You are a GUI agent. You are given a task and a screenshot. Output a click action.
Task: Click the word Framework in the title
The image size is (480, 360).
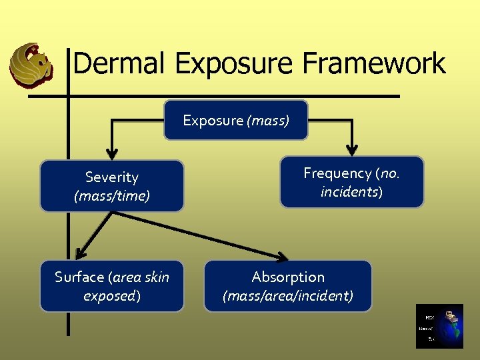point(373,64)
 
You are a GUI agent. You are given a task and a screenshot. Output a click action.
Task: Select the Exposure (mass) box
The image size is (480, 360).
point(236,120)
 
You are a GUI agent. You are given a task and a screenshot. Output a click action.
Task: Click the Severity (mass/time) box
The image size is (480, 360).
point(111,186)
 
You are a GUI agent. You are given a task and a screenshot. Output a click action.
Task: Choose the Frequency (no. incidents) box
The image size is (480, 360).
point(351,182)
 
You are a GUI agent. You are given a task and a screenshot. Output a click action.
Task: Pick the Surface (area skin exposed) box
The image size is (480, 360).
point(111,286)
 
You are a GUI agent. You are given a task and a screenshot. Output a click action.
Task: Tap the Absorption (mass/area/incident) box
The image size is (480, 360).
point(287,286)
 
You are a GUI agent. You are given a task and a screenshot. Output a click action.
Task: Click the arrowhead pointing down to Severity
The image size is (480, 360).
point(111,151)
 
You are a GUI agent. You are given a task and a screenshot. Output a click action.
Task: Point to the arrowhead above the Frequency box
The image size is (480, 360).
point(351,148)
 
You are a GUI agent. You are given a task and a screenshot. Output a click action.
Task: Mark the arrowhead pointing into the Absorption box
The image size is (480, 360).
point(283,256)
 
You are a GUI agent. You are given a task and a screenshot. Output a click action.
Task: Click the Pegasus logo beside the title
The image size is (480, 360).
point(31,65)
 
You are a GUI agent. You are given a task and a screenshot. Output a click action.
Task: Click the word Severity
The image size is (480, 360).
point(111,177)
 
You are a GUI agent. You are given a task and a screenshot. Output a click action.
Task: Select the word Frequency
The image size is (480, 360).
point(337,173)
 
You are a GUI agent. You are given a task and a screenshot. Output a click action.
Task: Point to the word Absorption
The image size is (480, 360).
point(288,277)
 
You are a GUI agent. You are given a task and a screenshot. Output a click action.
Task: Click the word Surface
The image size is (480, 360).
point(79,277)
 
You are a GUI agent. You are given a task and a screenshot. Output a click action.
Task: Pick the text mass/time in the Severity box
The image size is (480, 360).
point(111,196)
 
